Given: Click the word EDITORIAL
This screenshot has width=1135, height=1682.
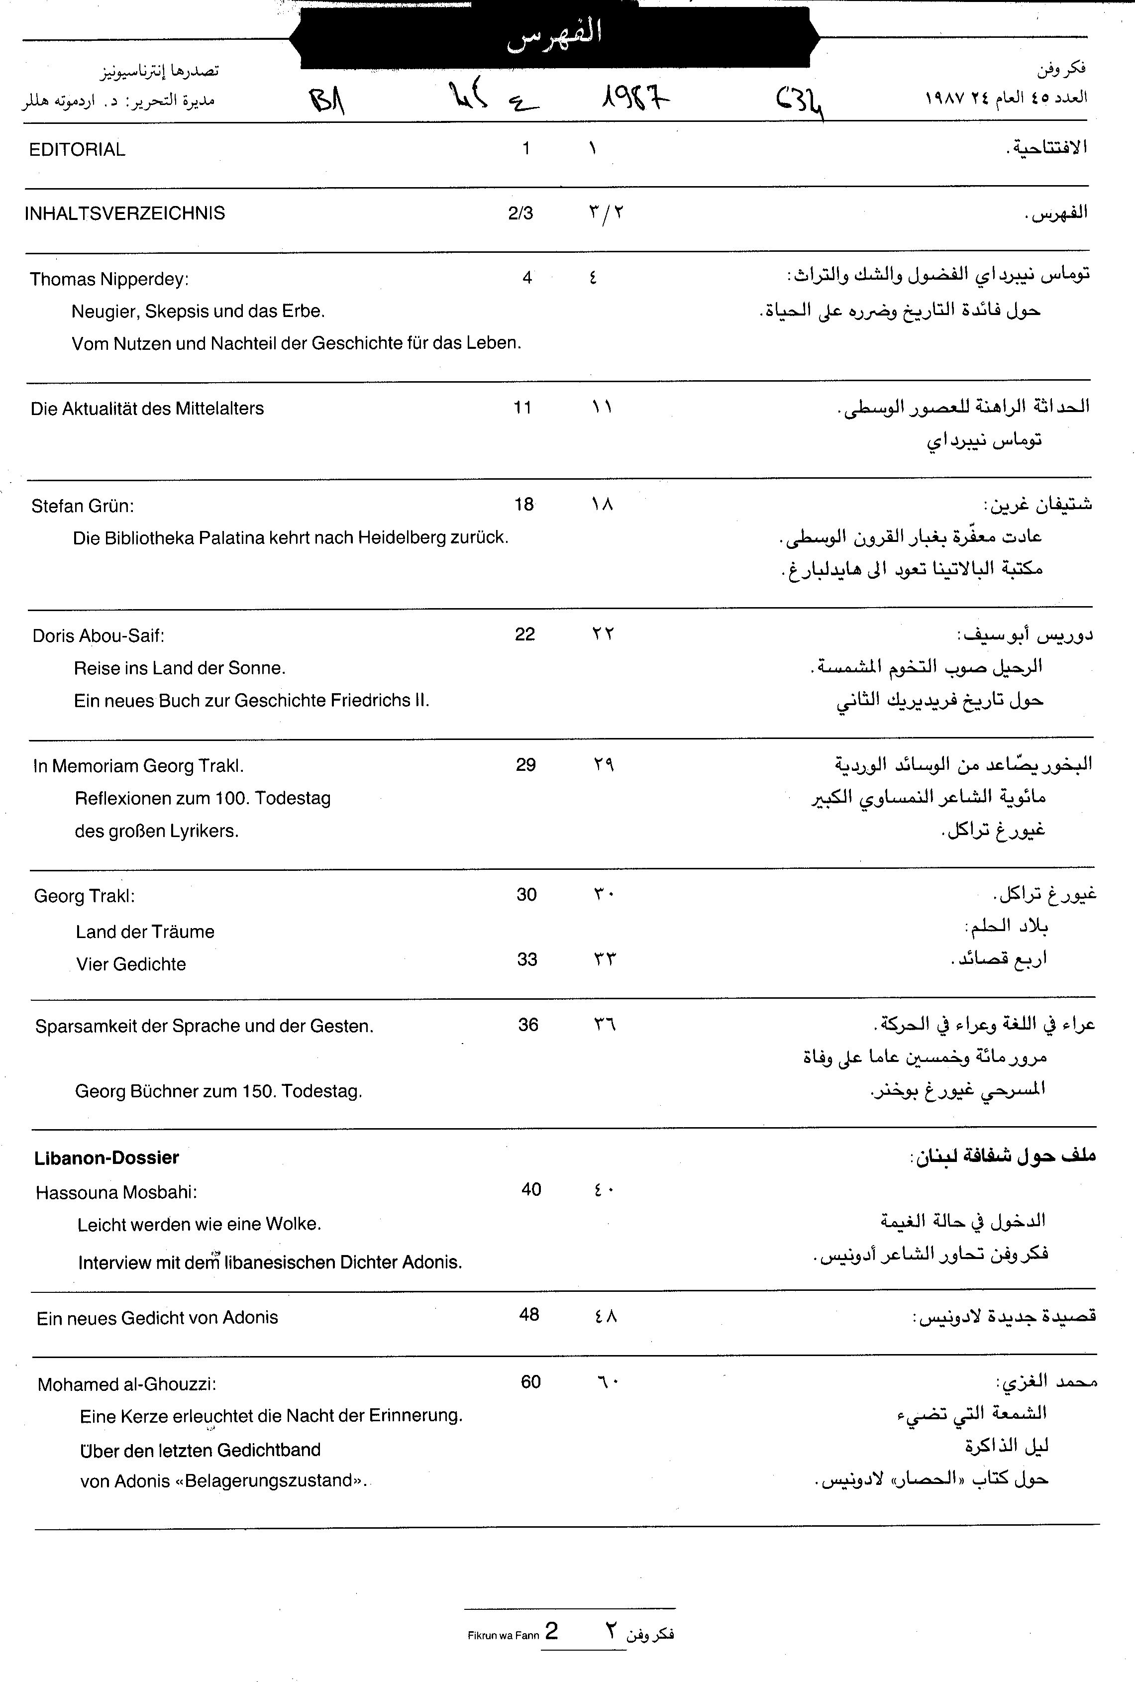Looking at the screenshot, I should (x=77, y=150).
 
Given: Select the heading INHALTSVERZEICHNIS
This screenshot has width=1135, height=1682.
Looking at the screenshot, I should (x=124, y=213).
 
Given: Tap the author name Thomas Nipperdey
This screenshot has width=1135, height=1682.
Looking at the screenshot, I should (x=108, y=279).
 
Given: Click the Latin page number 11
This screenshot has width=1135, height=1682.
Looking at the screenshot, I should (x=522, y=408).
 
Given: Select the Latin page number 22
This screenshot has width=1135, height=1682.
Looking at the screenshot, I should (x=525, y=634).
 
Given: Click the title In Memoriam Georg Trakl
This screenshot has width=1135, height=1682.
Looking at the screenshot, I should (x=137, y=766).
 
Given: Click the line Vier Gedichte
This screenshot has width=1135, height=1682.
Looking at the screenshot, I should (x=131, y=964).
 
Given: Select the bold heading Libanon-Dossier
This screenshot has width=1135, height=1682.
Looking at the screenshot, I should (x=106, y=1158).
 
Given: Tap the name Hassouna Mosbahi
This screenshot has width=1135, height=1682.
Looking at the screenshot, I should (x=116, y=1192).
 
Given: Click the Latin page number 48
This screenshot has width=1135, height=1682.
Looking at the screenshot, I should (x=529, y=1314).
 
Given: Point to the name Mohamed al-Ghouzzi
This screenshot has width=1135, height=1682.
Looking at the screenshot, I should (x=127, y=1384).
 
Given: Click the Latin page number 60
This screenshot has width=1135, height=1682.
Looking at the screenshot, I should (x=530, y=1381).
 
